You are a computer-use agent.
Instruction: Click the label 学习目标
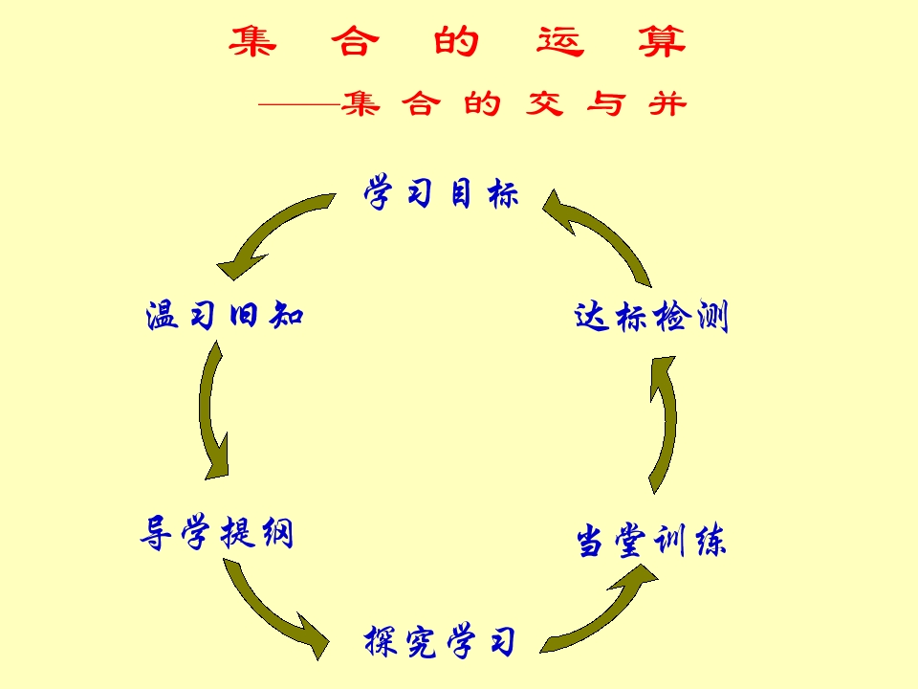coord(441,194)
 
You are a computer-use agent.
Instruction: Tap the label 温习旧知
coord(225,315)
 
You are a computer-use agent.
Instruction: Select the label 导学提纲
coord(216,533)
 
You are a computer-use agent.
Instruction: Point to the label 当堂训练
coord(651,542)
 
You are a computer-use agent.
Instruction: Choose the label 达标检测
coord(651,317)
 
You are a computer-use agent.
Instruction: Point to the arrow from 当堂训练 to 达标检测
coord(663,421)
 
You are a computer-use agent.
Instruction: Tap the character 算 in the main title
coord(663,42)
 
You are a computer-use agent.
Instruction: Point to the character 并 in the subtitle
coord(667,103)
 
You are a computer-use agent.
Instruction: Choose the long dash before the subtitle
coord(298,103)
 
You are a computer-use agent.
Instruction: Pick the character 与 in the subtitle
coord(604,103)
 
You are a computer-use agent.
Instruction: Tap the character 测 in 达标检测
coord(712,317)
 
